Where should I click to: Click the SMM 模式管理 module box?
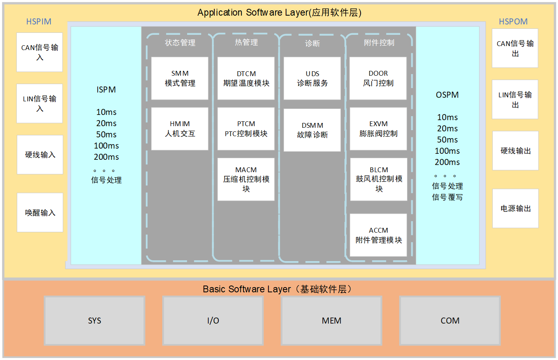(x=179, y=78)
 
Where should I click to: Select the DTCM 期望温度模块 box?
(x=246, y=78)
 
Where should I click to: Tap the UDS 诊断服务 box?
(x=312, y=78)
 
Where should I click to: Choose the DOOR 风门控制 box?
(x=378, y=78)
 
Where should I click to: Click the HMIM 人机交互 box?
(x=179, y=129)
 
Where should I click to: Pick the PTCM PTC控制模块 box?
(x=246, y=129)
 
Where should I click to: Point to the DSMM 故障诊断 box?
(x=312, y=130)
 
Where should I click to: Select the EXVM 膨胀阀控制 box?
(x=378, y=129)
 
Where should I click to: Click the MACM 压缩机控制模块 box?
(x=246, y=179)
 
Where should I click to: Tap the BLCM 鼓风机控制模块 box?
(x=379, y=179)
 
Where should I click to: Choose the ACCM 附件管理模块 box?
(x=379, y=235)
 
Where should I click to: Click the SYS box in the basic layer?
(x=95, y=320)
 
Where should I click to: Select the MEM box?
(x=332, y=320)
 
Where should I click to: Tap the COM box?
(x=450, y=320)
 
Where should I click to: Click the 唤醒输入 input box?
(x=40, y=212)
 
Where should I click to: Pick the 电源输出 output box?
(x=516, y=208)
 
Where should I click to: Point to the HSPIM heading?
(x=39, y=22)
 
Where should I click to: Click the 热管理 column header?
(x=246, y=42)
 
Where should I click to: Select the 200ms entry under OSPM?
(x=447, y=162)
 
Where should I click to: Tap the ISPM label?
(x=106, y=90)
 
